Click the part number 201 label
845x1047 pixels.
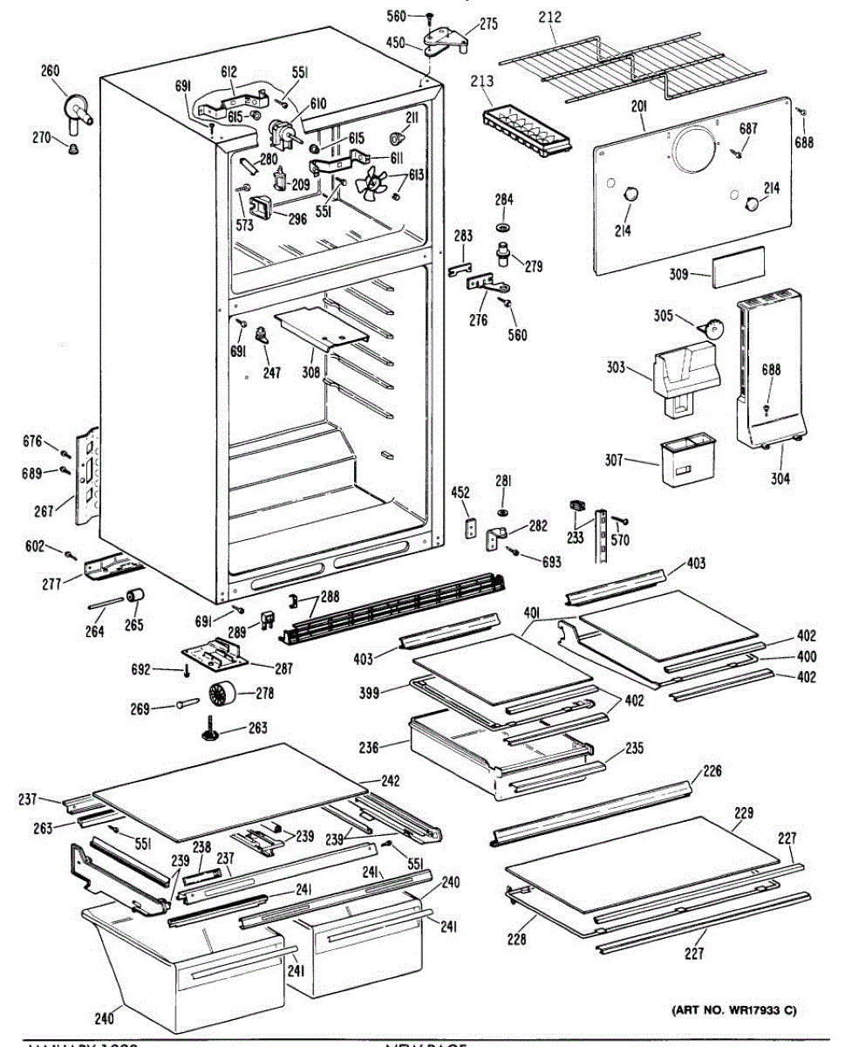point(639,107)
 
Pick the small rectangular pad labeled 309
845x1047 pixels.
point(737,265)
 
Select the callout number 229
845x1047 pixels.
point(743,814)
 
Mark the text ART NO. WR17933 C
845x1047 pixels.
point(733,1011)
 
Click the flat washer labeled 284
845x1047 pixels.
point(502,228)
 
